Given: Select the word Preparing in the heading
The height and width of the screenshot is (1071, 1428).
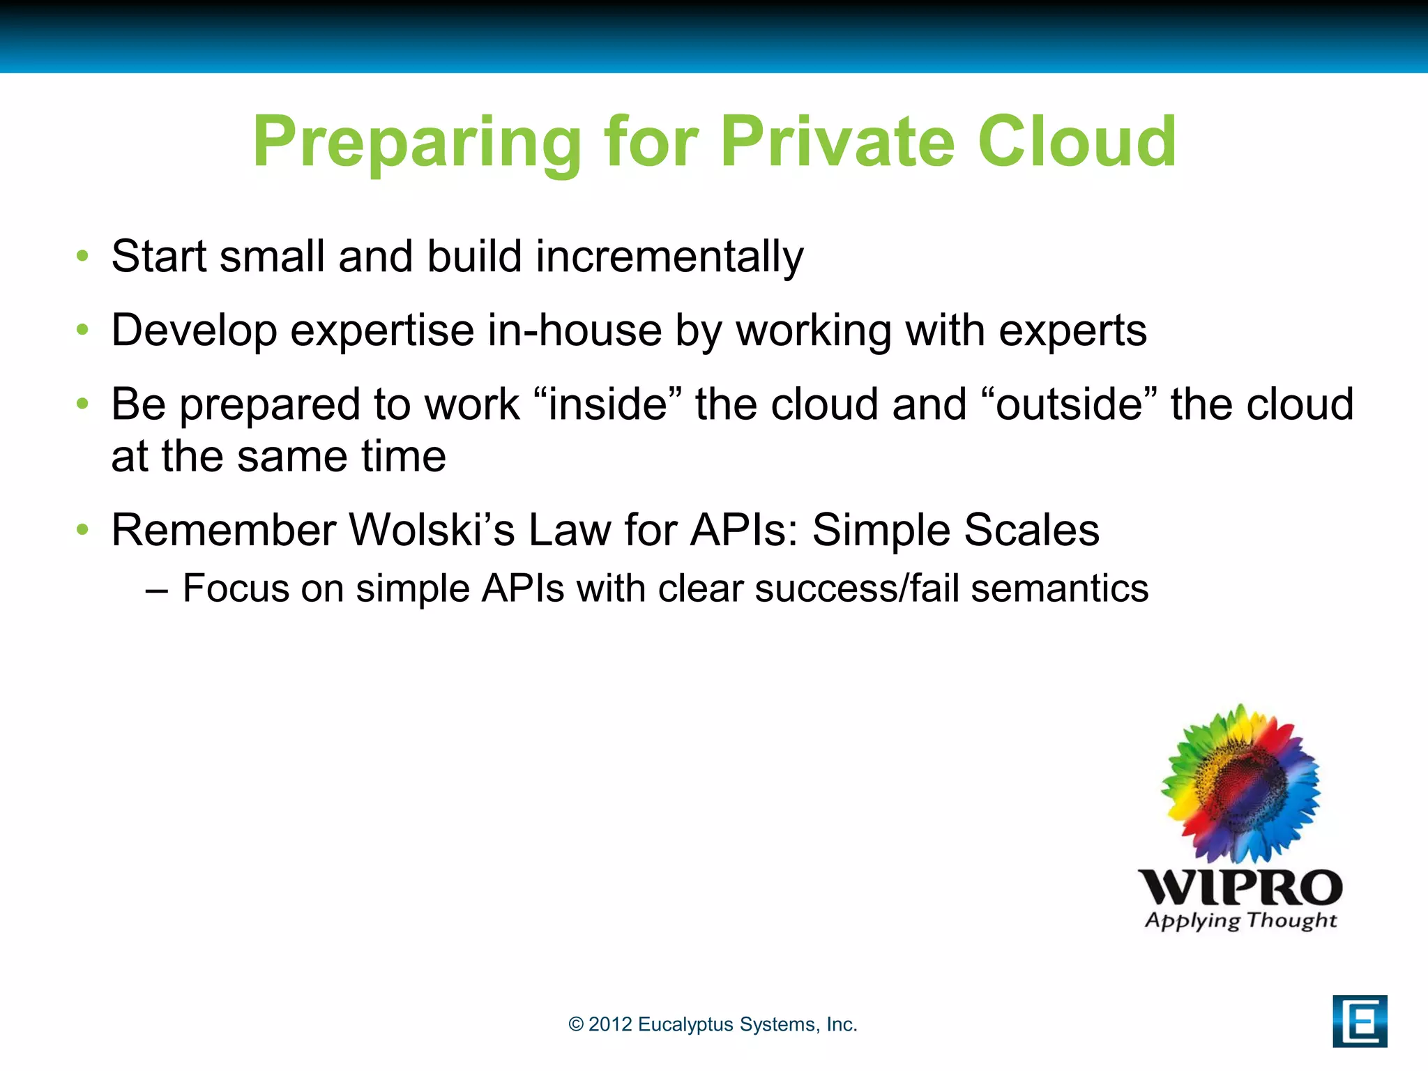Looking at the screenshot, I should tap(416, 144).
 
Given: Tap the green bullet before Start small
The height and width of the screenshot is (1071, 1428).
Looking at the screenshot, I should tap(83, 256).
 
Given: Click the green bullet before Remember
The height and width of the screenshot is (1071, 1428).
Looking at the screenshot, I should tap(83, 529).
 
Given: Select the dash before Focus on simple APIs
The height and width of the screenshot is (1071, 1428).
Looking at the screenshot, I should tap(157, 590).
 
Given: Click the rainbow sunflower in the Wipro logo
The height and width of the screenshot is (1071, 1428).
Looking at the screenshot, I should tap(1240, 784).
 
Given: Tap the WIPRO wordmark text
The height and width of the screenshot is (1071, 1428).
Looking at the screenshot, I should tap(1240, 888).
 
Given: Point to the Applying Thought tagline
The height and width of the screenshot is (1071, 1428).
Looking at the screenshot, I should tap(1240, 921).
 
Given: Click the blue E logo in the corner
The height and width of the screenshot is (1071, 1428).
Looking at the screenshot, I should tap(1359, 1021).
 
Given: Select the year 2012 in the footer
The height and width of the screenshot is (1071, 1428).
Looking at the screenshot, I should tap(609, 1024).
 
